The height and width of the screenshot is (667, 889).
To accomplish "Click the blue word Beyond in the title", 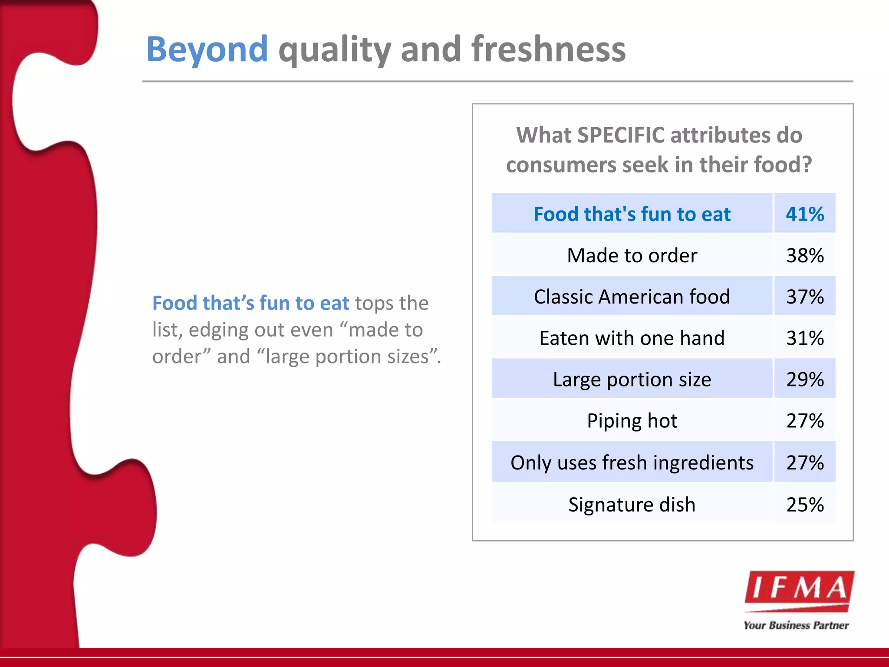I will click(207, 50).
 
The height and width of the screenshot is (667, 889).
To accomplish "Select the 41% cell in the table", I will click(804, 214).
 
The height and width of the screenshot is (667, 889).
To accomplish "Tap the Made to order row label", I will click(632, 255).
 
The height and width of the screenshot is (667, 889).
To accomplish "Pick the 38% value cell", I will click(804, 255).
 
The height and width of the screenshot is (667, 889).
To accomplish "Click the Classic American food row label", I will click(632, 297).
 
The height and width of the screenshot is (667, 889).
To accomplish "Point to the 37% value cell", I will click(804, 297).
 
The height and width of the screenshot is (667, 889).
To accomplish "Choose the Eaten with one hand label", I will click(632, 338).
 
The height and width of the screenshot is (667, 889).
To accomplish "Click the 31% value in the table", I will click(804, 338).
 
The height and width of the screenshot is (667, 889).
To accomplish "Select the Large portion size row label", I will click(632, 379).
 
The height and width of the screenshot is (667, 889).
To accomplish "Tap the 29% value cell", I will click(804, 379).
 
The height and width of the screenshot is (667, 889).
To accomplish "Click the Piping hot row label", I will click(632, 420).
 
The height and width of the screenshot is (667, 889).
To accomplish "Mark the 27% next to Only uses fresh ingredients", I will click(804, 462).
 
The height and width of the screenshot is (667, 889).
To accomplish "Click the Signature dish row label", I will click(632, 504).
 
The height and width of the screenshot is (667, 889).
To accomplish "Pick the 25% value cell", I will click(804, 504).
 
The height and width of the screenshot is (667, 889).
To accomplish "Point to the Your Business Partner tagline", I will click(796, 625).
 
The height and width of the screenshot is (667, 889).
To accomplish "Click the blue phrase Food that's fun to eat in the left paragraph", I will click(250, 303).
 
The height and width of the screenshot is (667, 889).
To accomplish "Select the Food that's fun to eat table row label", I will click(632, 214).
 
